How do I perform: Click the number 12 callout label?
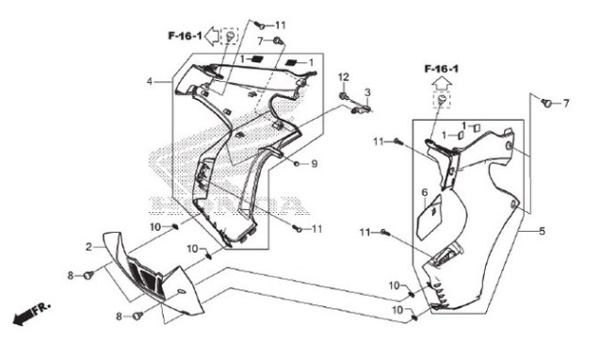coord(343,77)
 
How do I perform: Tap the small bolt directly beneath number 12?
coord(344,95)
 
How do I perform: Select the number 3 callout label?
coord(367,92)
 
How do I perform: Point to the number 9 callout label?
coord(314,164)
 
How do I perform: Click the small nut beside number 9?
coord(297,164)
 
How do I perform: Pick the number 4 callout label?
coord(150,81)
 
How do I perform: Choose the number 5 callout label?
coord(542,231)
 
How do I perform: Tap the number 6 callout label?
coord(425,192)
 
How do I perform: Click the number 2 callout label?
coord(89,247)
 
